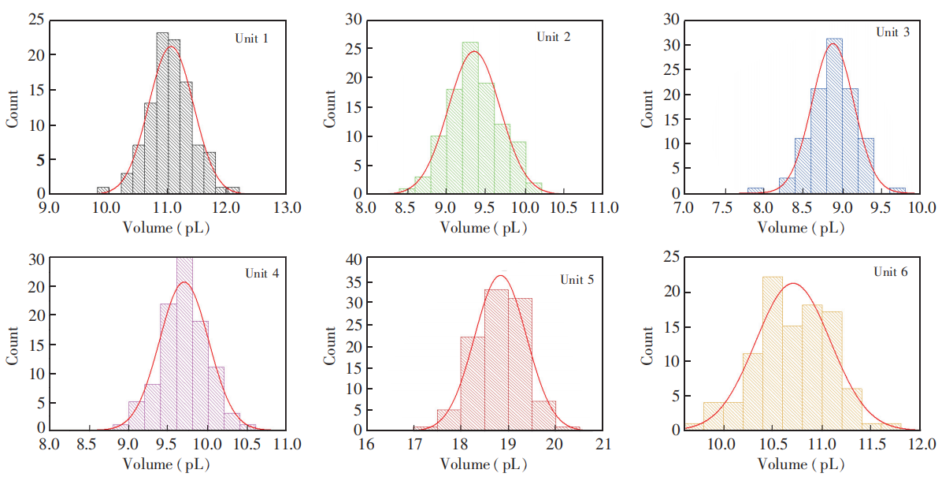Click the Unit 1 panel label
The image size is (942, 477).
pos(251,38)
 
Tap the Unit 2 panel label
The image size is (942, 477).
pos(558,37)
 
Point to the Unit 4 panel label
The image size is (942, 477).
pos(261,274)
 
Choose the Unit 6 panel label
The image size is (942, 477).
pos(890,272)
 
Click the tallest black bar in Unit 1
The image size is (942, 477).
pos(162,114)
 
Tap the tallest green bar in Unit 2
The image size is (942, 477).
pos(470,118)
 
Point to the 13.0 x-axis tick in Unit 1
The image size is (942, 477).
pos(287,208)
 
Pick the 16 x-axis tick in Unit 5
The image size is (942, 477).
pos(366,444)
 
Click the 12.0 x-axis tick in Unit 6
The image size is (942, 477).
pos(921,444)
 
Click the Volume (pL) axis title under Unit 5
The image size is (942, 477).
pos(484,464)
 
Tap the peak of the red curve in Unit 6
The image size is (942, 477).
pos(792,284)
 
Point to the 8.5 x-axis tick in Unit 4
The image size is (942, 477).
pos(89,444)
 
